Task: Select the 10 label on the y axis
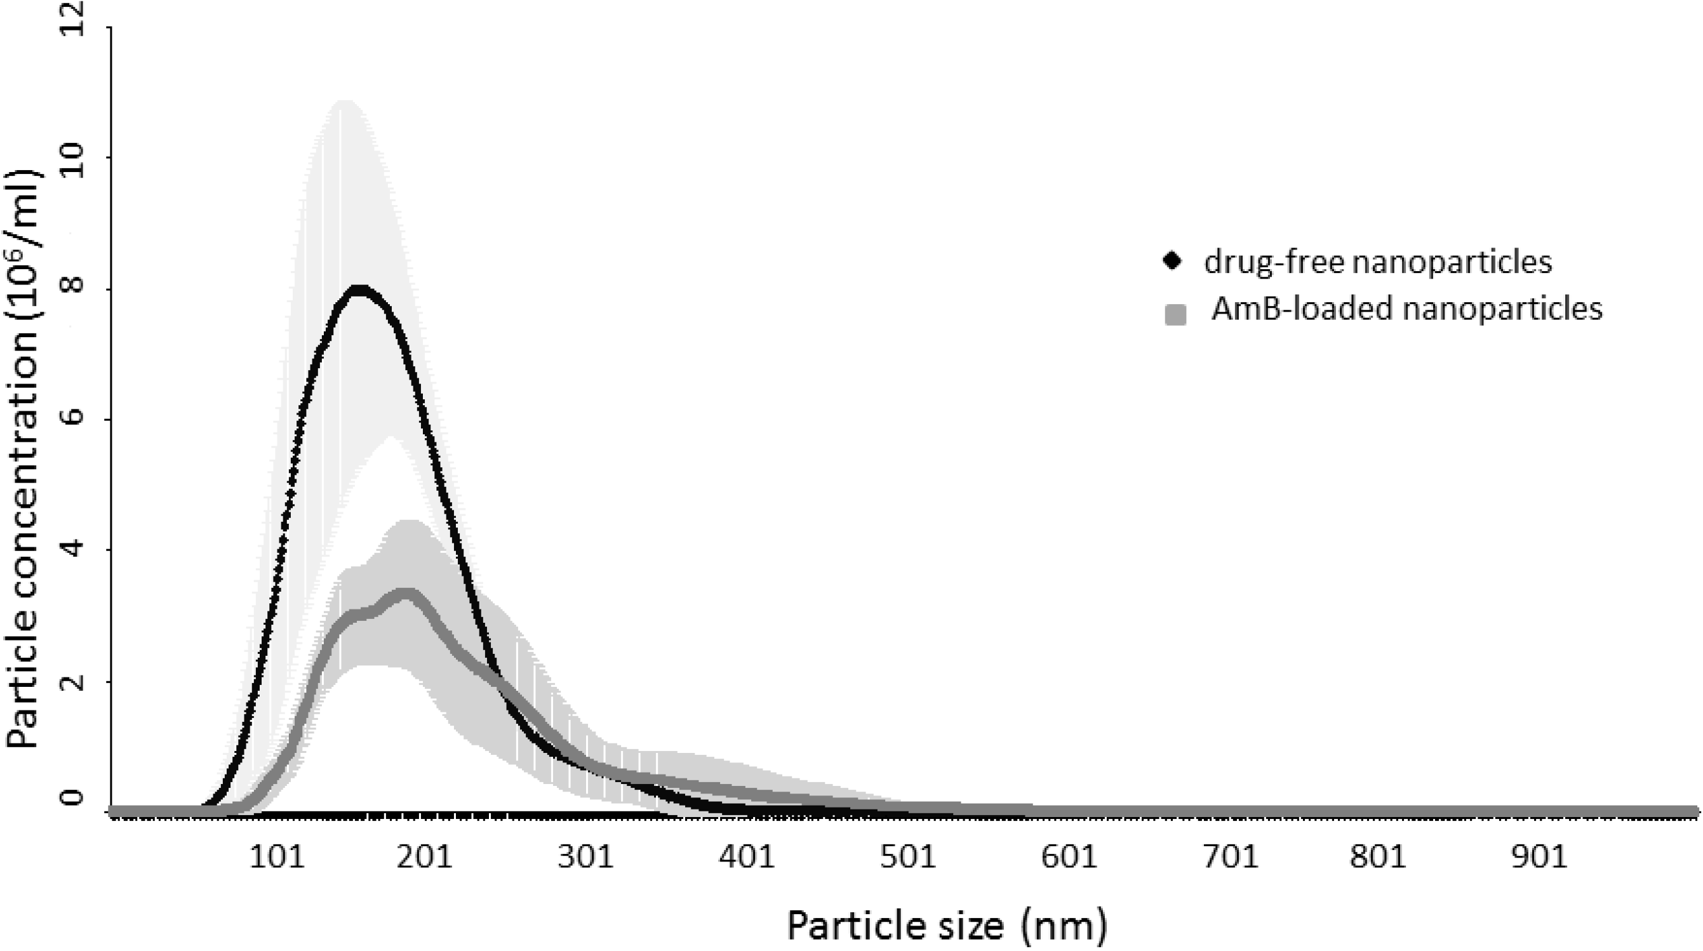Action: [78, 158]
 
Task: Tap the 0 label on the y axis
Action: [78, 797]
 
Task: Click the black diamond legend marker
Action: [1173, 262]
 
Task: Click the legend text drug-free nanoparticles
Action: [1378, 262]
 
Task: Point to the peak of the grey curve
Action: [406, 592]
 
